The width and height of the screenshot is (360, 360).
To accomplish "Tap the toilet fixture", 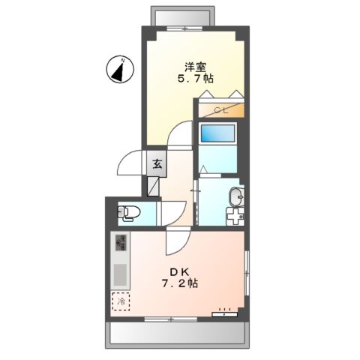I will pyautogui.click(x=128, y=213).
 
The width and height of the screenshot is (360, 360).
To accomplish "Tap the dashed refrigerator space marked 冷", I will pyautogui.click(x=120, y=301).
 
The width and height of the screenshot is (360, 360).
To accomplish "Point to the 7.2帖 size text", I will pyautogui.click(x=180, y=285).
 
